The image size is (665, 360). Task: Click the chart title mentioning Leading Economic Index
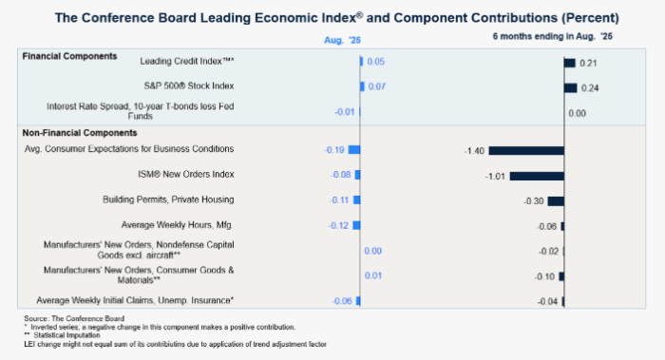point(336,18)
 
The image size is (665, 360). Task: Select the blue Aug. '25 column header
point(342,40)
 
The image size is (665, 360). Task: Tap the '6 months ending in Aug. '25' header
point(552,36)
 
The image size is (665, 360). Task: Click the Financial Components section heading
point(69,56)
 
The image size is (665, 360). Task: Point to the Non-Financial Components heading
point(80,133)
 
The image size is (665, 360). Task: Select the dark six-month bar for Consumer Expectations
point(526,150)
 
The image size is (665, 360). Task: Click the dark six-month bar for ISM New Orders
point(537,176)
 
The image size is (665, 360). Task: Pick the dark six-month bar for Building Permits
point(556,201)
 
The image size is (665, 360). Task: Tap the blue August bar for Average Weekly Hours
point(356,225)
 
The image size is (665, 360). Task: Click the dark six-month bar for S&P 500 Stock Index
point(571,88)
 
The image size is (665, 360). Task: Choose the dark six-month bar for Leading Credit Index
point(570,64)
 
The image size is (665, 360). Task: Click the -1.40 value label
point(474,151)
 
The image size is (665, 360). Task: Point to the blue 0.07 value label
point(376,87)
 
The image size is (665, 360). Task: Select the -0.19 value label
point(334,150)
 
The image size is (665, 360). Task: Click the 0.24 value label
point(590,88)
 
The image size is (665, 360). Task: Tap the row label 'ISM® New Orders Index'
point(186,174)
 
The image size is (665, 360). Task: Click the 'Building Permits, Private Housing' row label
point(168,199)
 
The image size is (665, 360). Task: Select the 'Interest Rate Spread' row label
point(141,111)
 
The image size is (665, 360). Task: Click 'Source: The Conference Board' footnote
point(74,318)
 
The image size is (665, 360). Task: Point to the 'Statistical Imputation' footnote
point(63,335)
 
